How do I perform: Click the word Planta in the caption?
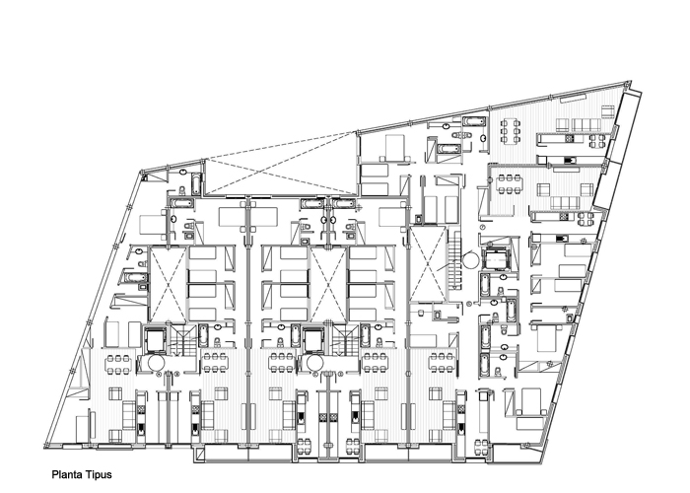click(67, 475)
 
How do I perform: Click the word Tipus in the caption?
click(99, 475)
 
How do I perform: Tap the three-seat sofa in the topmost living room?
click(586, 125)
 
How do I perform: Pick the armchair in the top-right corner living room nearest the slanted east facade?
click(608, 111)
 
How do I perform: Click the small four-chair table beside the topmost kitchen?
click(597, 141)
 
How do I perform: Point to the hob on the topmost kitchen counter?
click(570, 139)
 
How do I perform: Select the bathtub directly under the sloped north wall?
click(474, 122)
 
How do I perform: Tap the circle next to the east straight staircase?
click(471, 259)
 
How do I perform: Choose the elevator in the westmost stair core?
click(155, 340)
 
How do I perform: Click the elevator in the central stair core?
click(313, 340)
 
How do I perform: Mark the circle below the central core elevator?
click(314, 363)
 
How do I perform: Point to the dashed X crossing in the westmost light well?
click(168, 284)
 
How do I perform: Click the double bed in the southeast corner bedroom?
click(530, 401)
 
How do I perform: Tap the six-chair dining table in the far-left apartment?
click(118, 365)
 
